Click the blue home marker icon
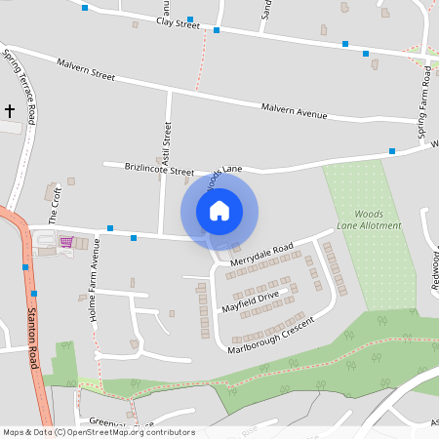click(219, 211)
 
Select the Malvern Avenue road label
click(293, 112)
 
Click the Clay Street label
click(178, 21)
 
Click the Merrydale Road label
click(261, 255)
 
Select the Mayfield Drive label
click(251, 300)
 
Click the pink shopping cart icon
click(66, 241)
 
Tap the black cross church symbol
click(11, 111)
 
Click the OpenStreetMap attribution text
click(98, 432)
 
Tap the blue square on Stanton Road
click(34, 293)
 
